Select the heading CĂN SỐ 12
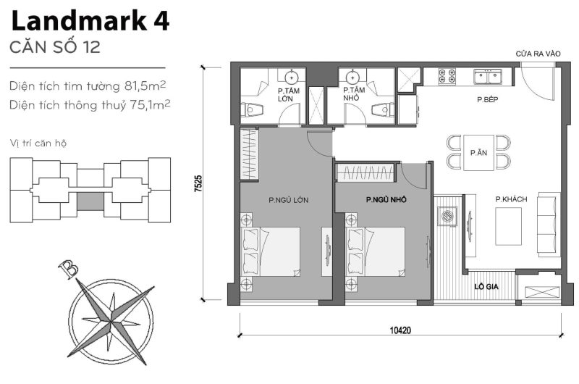pyautogui.click(x=55, y=49)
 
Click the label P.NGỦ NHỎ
pyautogui.click(x=385, y=199)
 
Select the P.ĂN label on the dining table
pyautogui.click(x=477, y=153)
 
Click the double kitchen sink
pyautogui.click(x=488, y=76)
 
